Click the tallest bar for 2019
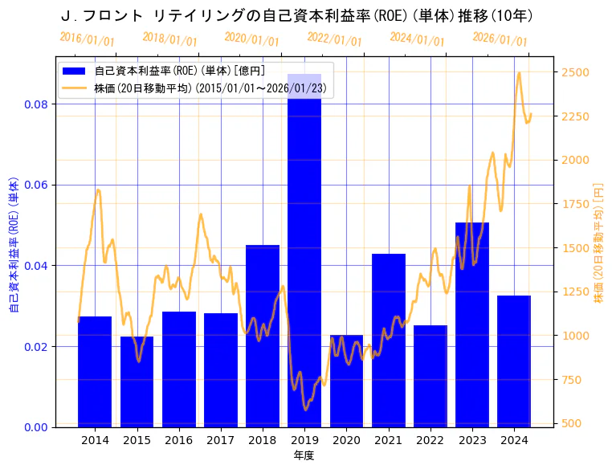pyautogui.click(x=304, y=250)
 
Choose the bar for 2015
pyautogui.click(x=137, y=381)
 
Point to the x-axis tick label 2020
pyautogui.click(x=346, y=440)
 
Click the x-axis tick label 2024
pyautogui.click(x=514, y=440)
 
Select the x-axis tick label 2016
pyautogui.click(x=178, y=440)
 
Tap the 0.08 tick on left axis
pyautogui.click(x=37, y=104)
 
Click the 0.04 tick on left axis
pyautogui.click(x=37, y=266)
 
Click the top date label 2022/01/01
pyautogui.click(x=335, y=40)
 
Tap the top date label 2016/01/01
pyautogui.click(x=87, y=39)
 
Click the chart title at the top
pyautogui.click(x=297, y=16)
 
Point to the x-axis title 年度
pyautogui.click(x=304, y=455)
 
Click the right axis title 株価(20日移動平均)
pyautogui.click(x=598, y=242)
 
